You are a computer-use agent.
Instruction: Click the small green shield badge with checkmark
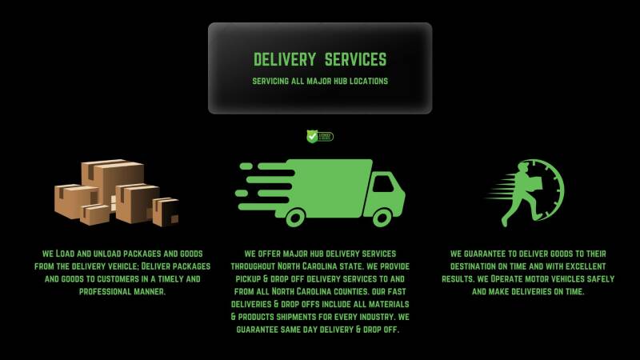coord(313,136)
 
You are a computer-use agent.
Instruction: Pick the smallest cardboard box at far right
coord(166,210)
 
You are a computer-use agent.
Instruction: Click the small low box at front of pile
coord(94,214)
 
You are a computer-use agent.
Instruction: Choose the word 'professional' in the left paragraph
coord(111,291)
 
